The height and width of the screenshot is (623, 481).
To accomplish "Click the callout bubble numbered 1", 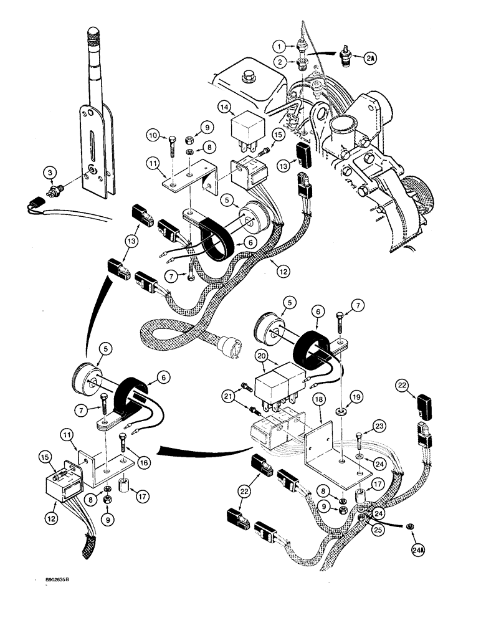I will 280,45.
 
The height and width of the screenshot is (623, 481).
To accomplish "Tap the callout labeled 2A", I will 371,58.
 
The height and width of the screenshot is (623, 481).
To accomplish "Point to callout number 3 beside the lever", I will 48,173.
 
